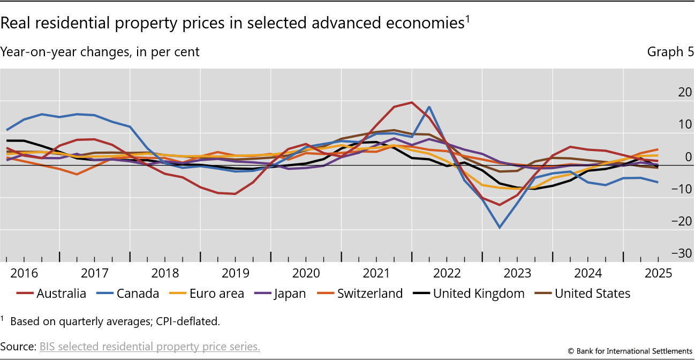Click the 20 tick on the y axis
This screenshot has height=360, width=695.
pos(670,92)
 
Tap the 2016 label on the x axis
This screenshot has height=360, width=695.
pos(24,273)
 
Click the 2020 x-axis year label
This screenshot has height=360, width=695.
pos(306,273)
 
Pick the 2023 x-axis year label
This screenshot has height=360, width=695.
pos(517,273)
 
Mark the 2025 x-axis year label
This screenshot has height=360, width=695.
pos(658,273)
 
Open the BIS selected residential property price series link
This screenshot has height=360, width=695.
pos(150,347)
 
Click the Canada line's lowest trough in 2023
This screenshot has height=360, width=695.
pos(500,228)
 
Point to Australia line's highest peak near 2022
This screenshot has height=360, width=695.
pos(411,102)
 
